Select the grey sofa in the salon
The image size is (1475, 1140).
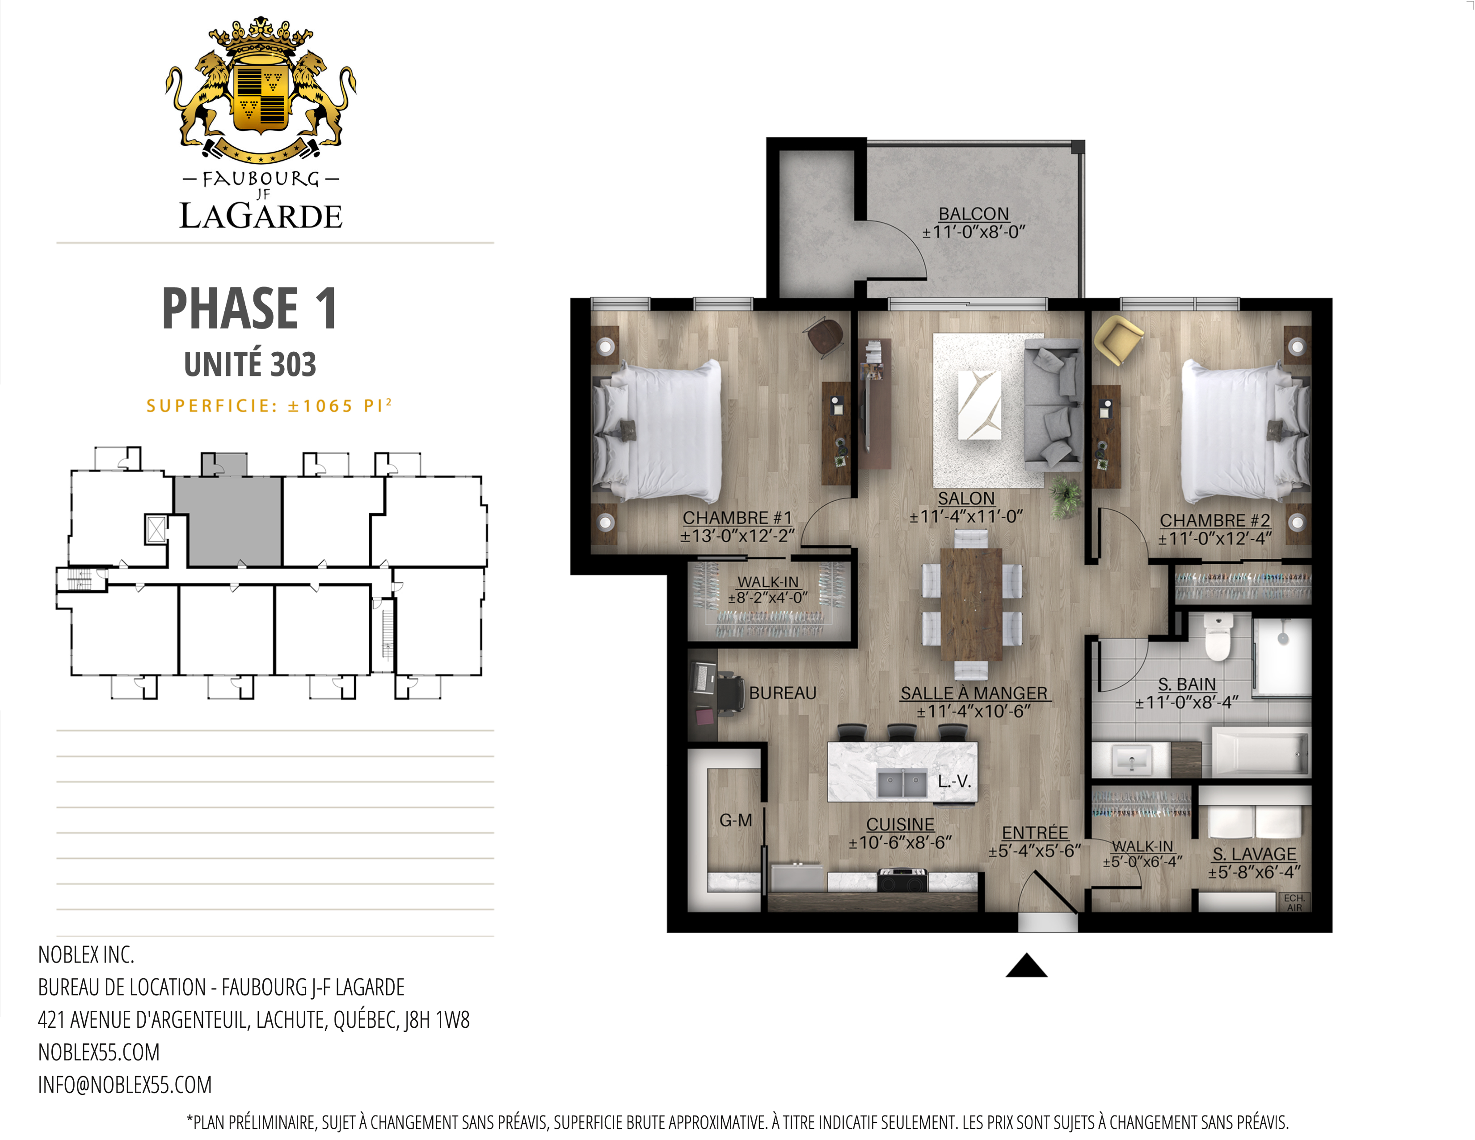[x=1052, y=405]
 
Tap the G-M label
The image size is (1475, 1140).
[x=735, y=820]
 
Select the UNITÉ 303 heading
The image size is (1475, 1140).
[x=250, y=365]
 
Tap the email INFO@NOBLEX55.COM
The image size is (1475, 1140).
[x=125, y=1085]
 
